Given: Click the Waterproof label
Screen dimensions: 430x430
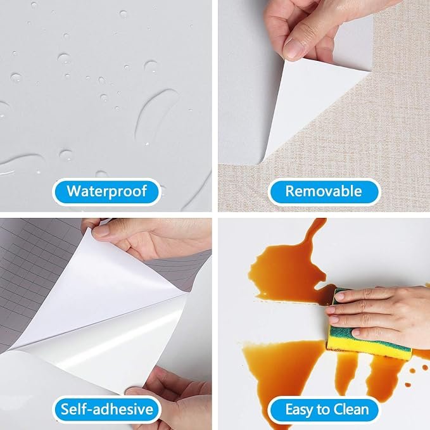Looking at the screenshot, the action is click(106, 192).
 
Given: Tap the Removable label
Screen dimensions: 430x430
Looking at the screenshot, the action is click(324, 192).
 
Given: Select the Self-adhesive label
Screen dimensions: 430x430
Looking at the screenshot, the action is click(106, 410).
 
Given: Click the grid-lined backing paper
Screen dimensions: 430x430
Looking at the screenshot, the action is click(33, 274).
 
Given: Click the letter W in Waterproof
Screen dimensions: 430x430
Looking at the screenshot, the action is click(73, 191).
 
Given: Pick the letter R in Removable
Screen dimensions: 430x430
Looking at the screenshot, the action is click(290, 191).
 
